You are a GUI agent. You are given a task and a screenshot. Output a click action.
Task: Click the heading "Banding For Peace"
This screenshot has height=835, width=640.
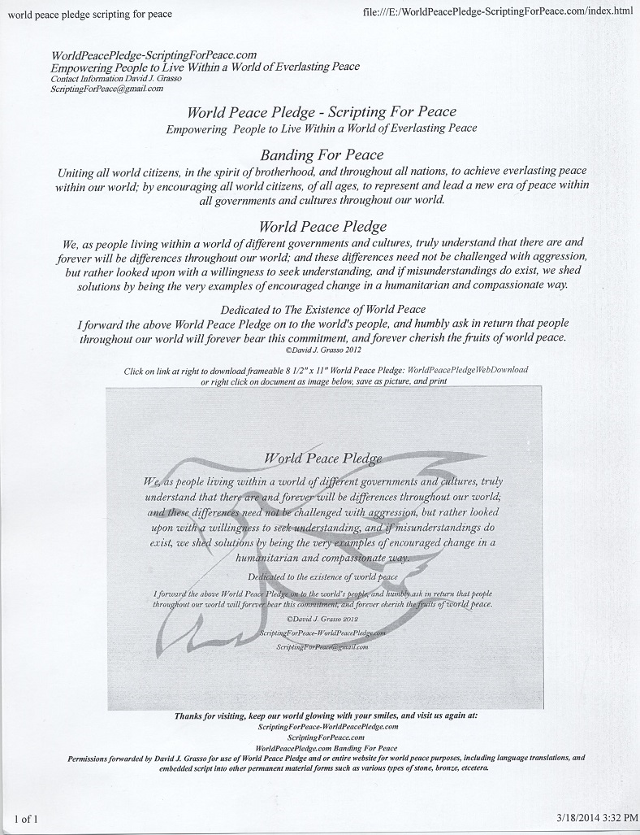click(322, 154)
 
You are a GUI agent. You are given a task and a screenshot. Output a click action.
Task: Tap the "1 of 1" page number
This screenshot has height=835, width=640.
click(26, 818)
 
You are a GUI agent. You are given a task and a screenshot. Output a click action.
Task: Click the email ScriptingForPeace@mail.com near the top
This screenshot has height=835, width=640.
click(107, 89)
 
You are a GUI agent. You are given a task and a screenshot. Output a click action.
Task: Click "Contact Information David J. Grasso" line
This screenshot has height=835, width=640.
click(116, 79)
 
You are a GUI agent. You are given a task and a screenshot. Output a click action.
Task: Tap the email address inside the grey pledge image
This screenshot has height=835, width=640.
click(322, 646)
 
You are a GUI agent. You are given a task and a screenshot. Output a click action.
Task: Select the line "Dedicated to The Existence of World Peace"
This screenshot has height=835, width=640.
click(322, 309)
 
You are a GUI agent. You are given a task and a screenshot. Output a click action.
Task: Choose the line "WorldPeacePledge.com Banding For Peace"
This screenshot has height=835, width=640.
click(326, 747)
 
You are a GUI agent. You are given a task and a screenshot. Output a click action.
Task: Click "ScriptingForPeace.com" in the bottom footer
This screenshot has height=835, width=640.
click(327, 736)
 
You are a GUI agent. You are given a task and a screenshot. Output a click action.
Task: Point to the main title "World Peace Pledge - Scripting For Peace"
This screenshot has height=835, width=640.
click(322, 112)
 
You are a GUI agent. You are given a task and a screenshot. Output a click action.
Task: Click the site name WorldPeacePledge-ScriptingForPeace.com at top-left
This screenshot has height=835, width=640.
click(154, 55)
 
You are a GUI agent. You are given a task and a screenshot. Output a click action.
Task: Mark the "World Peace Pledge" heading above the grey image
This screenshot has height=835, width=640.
click(322, 226)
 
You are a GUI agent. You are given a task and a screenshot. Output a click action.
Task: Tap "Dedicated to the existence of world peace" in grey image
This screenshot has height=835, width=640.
click(322, 576)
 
